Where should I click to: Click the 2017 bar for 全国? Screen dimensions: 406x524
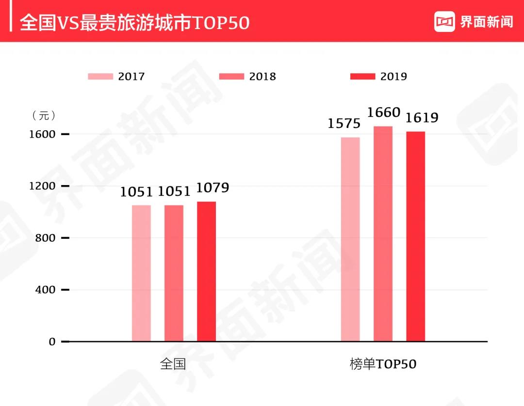141,273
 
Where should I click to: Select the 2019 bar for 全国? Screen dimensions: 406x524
206,271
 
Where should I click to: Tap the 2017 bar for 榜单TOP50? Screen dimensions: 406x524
350,239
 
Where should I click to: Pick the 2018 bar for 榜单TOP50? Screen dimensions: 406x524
383,234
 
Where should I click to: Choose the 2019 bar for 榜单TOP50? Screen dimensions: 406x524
415,236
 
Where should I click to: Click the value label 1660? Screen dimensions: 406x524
384,113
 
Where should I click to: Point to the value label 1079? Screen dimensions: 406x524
213,188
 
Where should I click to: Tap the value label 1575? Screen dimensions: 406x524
344,124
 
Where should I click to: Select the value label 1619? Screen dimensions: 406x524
422,118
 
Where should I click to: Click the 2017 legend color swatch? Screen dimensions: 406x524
100,77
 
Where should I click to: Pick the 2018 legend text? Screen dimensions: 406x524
262,77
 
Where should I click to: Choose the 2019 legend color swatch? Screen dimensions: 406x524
362,77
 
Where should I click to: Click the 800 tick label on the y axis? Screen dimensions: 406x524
46,238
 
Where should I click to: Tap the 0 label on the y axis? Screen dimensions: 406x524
52,342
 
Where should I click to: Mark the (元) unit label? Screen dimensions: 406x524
44,116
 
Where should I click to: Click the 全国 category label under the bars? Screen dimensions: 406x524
173,364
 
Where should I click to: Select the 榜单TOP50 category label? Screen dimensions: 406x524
383,364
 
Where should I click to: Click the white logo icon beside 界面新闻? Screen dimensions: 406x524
444,22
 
